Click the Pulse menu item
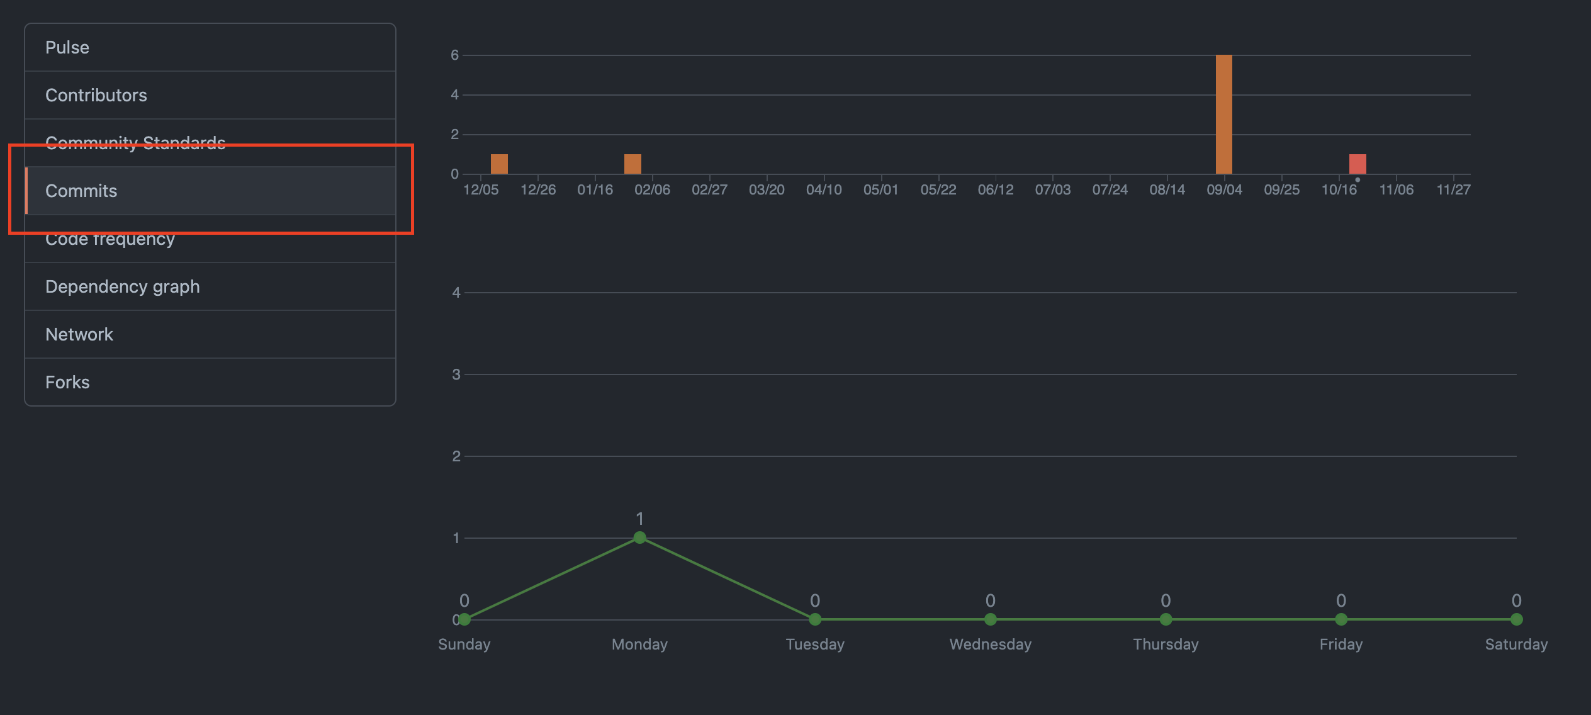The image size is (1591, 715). [x=67, y=48]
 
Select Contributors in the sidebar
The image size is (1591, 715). [x=96, y=96]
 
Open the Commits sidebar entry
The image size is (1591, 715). [x=81, y=191]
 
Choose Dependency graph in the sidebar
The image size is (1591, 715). [x=123, y=287]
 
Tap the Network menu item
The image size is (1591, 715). [x=79, y=335]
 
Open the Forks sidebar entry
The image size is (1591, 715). [x=67, y=383]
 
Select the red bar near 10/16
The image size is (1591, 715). [x=1358, y=164]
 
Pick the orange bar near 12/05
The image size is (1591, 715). [x=499, y=164]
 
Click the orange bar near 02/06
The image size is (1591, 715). [x=632, y=164]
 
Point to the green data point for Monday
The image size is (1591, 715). [x=639, y=538]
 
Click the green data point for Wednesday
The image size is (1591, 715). [x=990, y=619]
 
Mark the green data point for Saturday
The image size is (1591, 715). [x=1516, y=619]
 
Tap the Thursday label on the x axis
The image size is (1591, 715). [x=1166, y=645]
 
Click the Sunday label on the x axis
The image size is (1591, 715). [x=464, y=645]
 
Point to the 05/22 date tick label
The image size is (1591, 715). [x=938, y=190]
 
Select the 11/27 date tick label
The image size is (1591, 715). [x=1453, y=190]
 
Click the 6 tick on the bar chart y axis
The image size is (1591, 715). [x=454, y=55]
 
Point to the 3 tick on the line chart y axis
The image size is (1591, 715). [x=456, y=375]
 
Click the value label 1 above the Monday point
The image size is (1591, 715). [x=639, y=519]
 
